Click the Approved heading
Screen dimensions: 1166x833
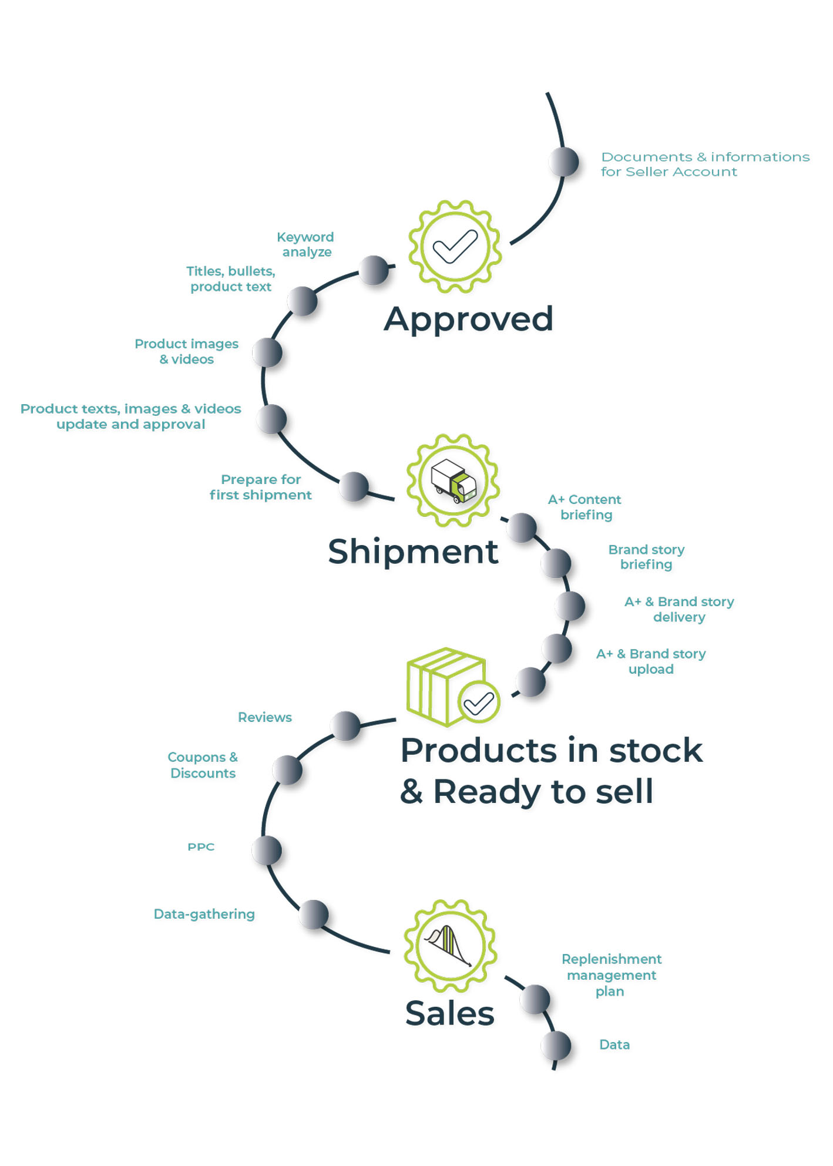(x=468, y=320)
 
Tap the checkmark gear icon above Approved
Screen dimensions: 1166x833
(x=455, y=246)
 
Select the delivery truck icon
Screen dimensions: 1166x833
(x=453, y=480)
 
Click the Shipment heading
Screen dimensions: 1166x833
(x=413, y=552)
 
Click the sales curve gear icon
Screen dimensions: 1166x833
(x=450, y=946)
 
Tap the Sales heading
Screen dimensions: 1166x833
(x=449, y=1013)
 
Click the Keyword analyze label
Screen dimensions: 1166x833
(x=305, y=244)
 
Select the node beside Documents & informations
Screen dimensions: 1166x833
(x=563, y=162)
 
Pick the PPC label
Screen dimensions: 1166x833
(x=201, y=846)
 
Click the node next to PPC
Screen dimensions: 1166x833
(x=267, y=850)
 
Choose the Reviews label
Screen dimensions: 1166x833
(x=264, y=717)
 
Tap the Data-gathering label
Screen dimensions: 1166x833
(x=204, y=914)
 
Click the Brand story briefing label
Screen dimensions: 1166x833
(x=646, y=557)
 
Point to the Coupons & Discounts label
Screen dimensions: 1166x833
(x=203, y=765)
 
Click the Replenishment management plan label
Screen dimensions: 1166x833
(x=611, y=975)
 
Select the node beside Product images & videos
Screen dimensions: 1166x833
(x=267, y=352)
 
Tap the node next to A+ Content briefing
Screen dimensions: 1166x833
(x=522, y=527)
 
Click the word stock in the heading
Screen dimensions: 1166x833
(x=656, y=751)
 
